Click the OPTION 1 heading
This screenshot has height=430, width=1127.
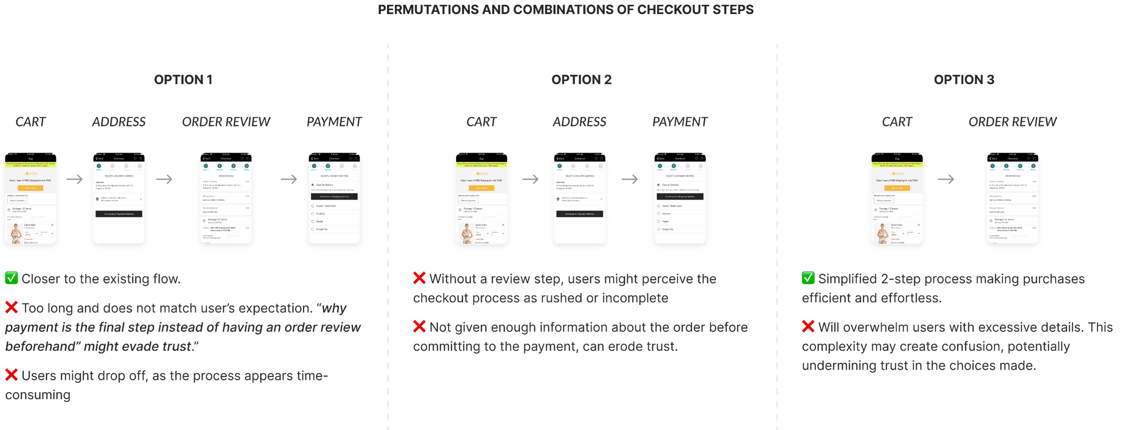click(x=183, y=80)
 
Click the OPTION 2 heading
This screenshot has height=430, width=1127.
click(x=581, y=80)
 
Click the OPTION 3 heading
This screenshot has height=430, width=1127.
click(x=964, y=80)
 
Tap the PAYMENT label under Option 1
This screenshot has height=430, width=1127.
click(x=334, y=122)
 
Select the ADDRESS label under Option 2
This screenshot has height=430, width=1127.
click(x=579, y=122)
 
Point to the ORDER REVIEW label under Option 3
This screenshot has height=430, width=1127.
click(x=1012, y=122)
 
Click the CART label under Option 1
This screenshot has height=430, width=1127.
click(x=30, y=122)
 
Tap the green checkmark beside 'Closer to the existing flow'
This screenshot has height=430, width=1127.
click(x=11, y=278)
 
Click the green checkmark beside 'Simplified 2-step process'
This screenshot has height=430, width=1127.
click(x=808, y=278)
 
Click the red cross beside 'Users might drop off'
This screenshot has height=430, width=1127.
click(x=11, y=375)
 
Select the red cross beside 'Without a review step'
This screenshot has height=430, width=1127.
click(x=419, y=278)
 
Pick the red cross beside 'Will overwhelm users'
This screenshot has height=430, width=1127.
click(x=808, y=326)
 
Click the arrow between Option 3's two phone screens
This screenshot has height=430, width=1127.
click(x=945, y=179)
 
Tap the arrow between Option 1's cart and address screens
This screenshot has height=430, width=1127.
click(x=74, y=179)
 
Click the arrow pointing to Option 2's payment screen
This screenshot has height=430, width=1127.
click(x=629, y=179)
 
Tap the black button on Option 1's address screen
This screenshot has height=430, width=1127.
click(x=119, y=214)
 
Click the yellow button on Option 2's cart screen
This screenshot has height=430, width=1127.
click(x=481, y=188)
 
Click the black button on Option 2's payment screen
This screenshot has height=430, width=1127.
click(x=680, y=196)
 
